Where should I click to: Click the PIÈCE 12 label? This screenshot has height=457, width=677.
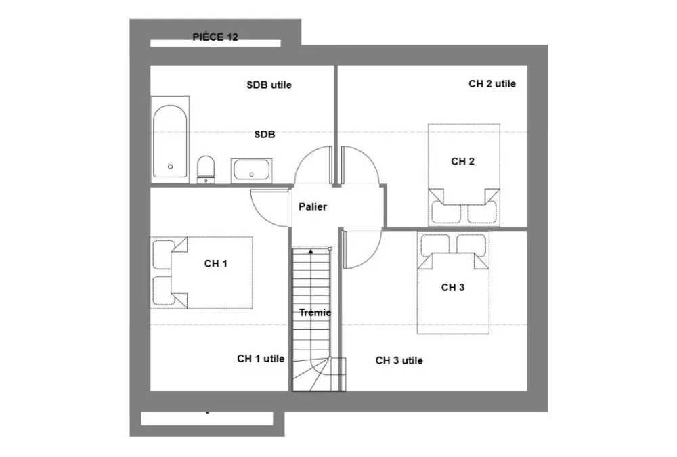[x=215, y=37]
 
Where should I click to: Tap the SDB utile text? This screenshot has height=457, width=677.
[x=269, y=85]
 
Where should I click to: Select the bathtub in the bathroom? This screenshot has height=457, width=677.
[x=170, y=142]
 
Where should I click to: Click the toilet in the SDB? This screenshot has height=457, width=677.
[x=206, y=170]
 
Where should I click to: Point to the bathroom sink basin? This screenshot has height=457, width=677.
[x=251, y=170]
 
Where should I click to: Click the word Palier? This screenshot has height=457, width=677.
[x=313, y=207]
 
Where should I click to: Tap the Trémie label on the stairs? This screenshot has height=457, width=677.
[x=315, y=313]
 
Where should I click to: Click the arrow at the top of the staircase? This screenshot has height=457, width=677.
[x=311, y=251]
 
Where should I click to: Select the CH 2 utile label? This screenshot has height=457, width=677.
[x=492, y=84]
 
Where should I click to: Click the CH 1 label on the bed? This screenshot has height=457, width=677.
[x=216, y=263]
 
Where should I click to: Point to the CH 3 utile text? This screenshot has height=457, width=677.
[x=399, y=361]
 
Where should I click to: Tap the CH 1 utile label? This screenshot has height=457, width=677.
[x=261, y=359]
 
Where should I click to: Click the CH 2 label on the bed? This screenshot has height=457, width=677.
[x=463, y=162]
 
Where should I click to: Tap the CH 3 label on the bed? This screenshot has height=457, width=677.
[x=453, y=288]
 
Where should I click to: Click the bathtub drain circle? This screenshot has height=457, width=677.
[x=170, y=167]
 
